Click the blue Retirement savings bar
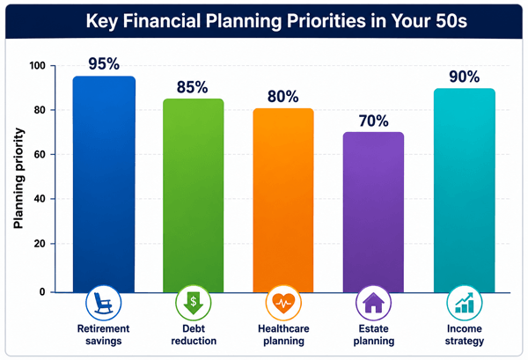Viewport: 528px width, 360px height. click(104, 184)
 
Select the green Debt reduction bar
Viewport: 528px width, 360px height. click(194, 195)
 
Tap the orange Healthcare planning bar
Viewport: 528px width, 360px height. click(283, 201)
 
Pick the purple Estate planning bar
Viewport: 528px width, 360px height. click(373, 212)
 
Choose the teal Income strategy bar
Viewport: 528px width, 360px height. click(465, 190)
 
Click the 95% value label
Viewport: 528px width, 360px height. click(104, 63)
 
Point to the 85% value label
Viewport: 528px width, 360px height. click(192, 87)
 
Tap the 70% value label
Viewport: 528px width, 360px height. click(373, 121)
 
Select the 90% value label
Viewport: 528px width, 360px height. click(465, 77)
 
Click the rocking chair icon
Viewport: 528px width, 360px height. click(103, 303)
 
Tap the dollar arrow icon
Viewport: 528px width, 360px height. click(194, 303)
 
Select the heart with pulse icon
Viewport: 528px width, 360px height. click(283, 303)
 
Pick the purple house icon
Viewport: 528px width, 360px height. click(373, 303)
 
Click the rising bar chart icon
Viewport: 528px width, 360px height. click(465, 303)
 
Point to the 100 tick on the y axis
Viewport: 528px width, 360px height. click(37, 65)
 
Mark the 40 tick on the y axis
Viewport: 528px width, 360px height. click(40, 199)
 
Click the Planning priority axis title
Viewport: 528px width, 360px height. click(18, 179)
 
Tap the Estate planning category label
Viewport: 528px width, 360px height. click(374, 334)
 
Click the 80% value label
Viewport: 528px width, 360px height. click(282, 97)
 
